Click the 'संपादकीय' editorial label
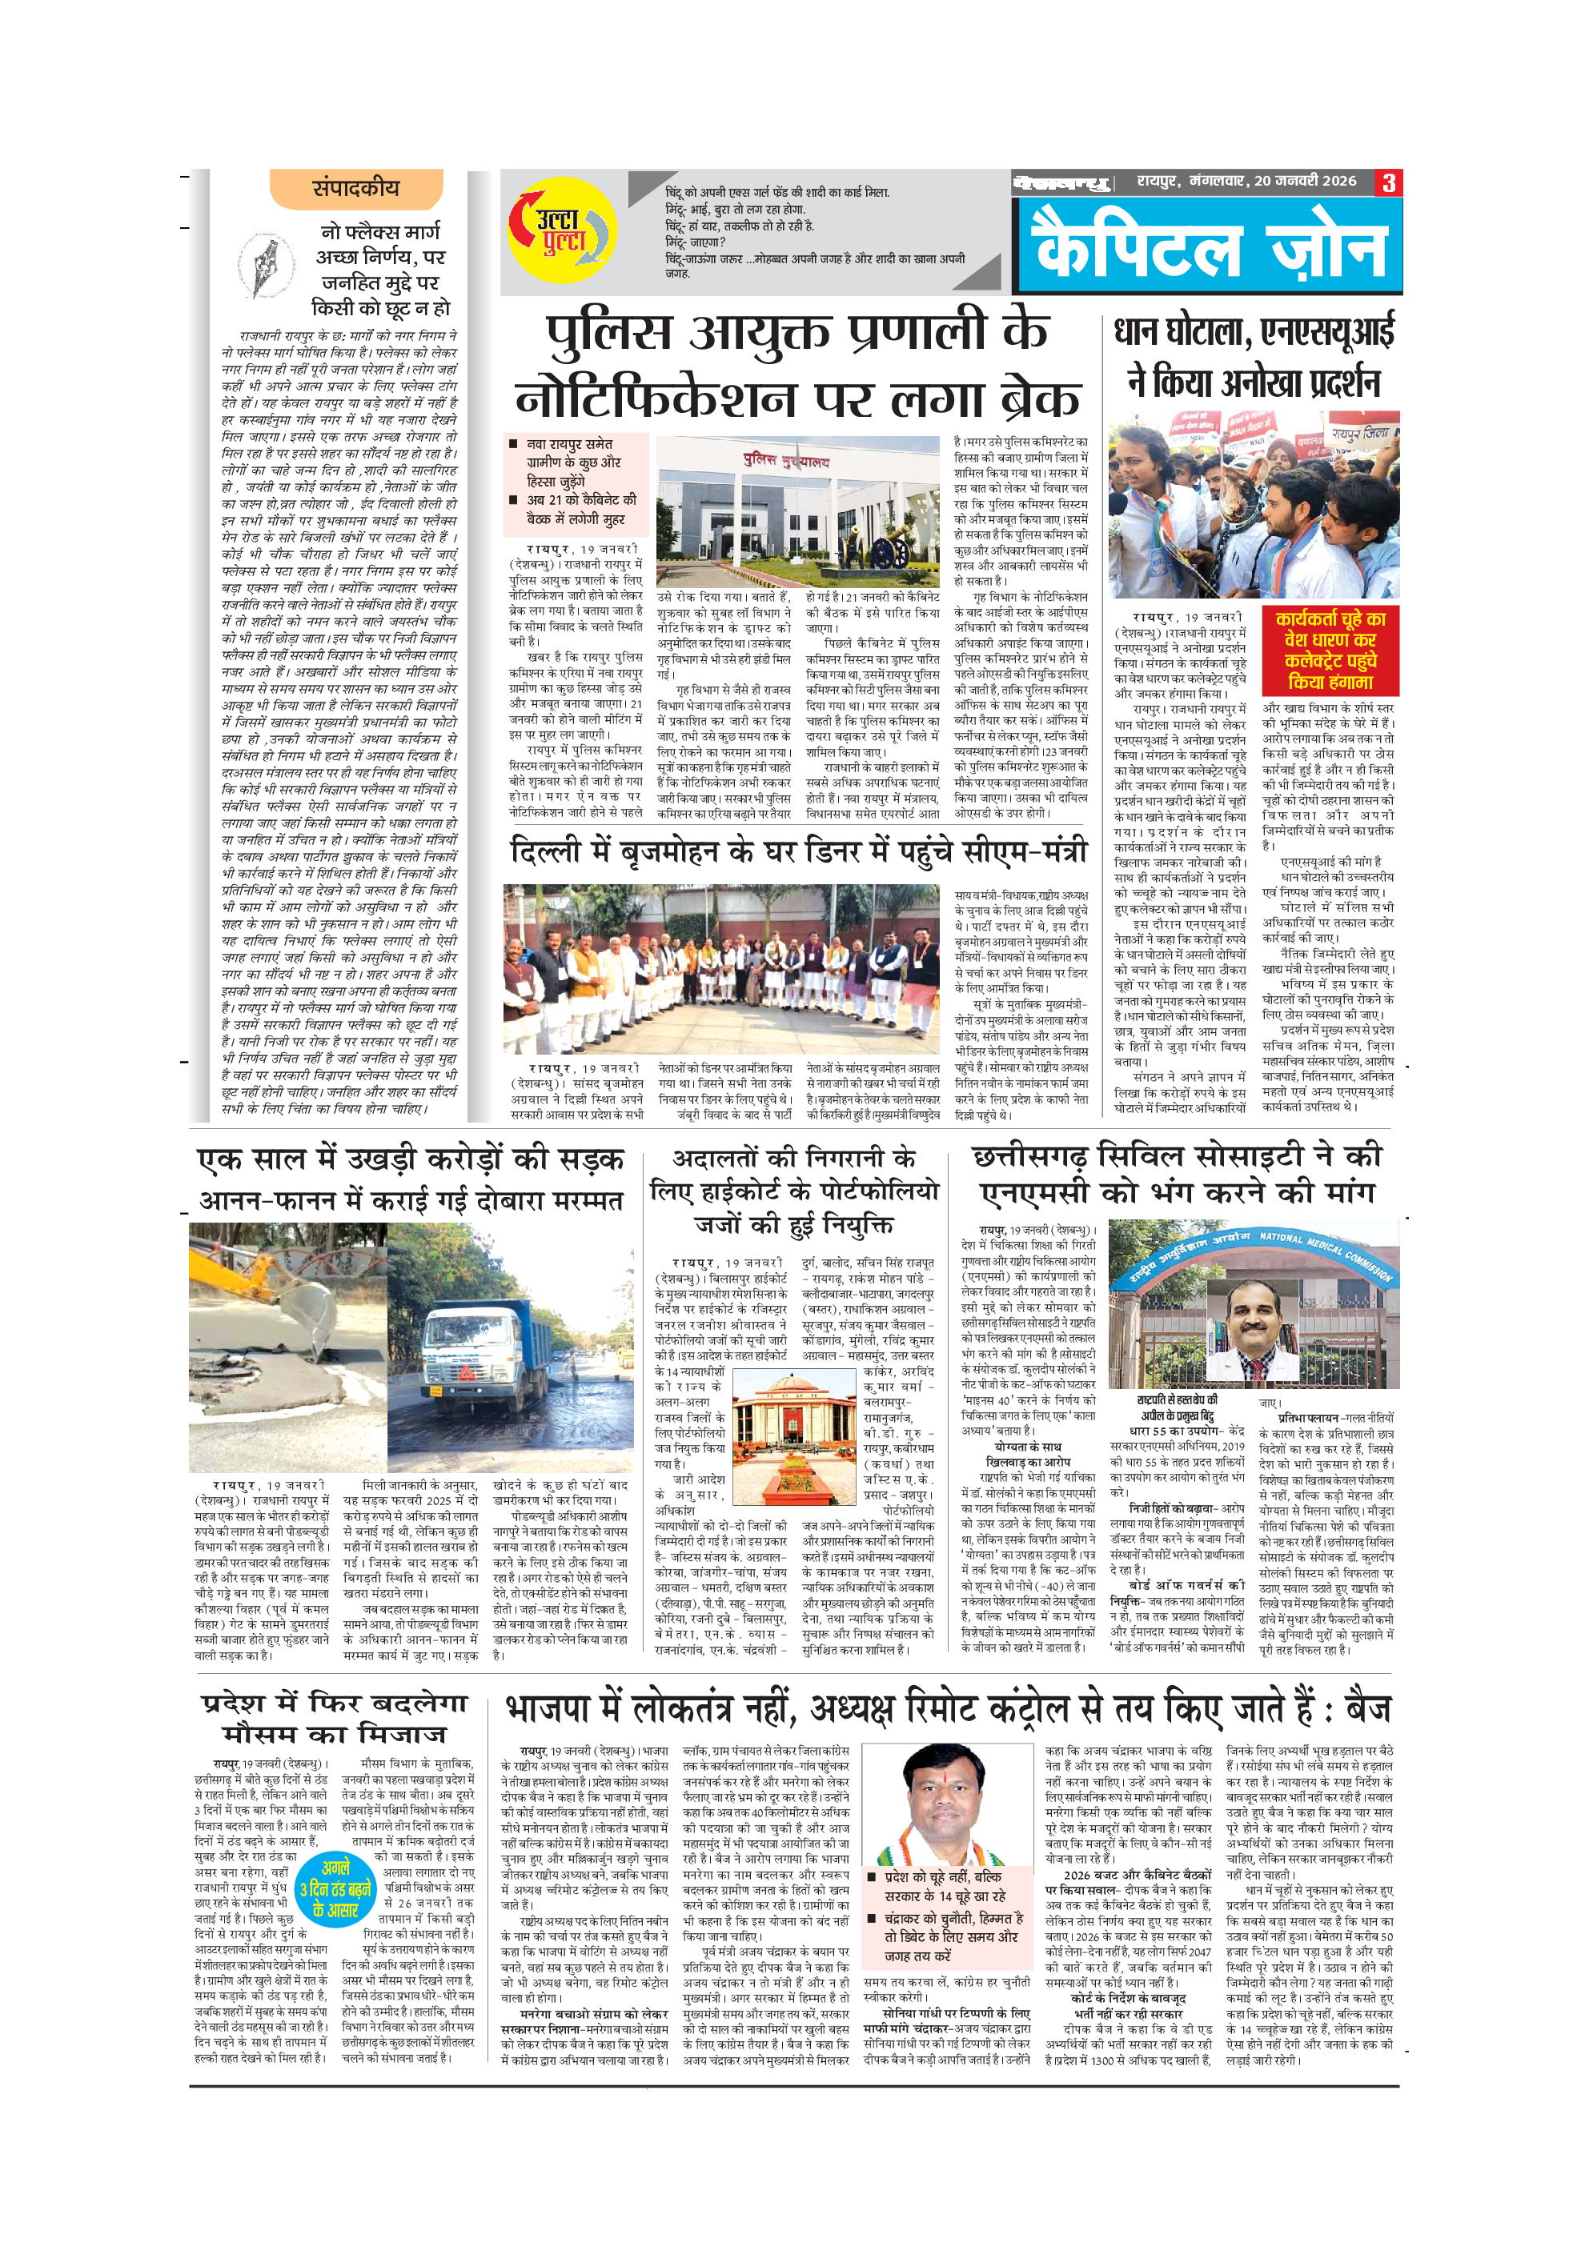tap(355, 189)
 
